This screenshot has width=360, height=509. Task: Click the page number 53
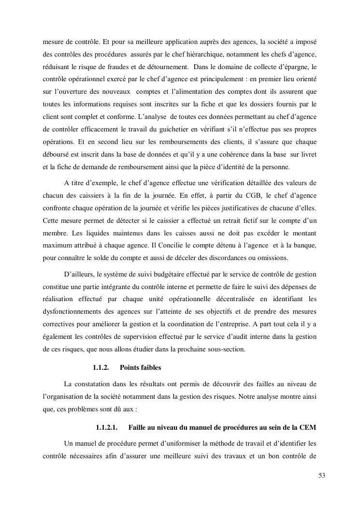(x=322, y=475)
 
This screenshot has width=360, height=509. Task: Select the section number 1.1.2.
(x=101, y=367)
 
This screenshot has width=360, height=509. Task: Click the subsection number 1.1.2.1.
(x=107, y=428)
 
